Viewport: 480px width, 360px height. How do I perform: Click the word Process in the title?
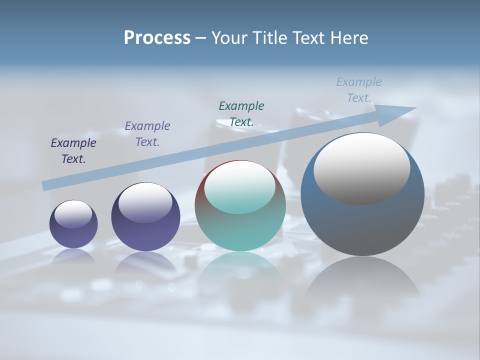pos(157,38)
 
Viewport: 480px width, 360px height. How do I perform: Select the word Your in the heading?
pos(229,38)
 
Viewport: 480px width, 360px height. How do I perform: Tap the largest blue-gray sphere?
pos(362,225)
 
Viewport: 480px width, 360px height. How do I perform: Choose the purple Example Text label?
pos(147,134)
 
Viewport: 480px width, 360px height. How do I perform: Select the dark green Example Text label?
pos(241,113)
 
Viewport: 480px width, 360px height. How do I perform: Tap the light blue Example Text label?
pos(359,90)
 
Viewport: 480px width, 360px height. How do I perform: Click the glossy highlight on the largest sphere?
pos(362,168)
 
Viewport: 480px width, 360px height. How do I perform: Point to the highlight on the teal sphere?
pos(240,187)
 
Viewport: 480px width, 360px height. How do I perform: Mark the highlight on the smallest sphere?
pos(73,214)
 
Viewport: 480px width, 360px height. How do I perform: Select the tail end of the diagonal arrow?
pos(46,186)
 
